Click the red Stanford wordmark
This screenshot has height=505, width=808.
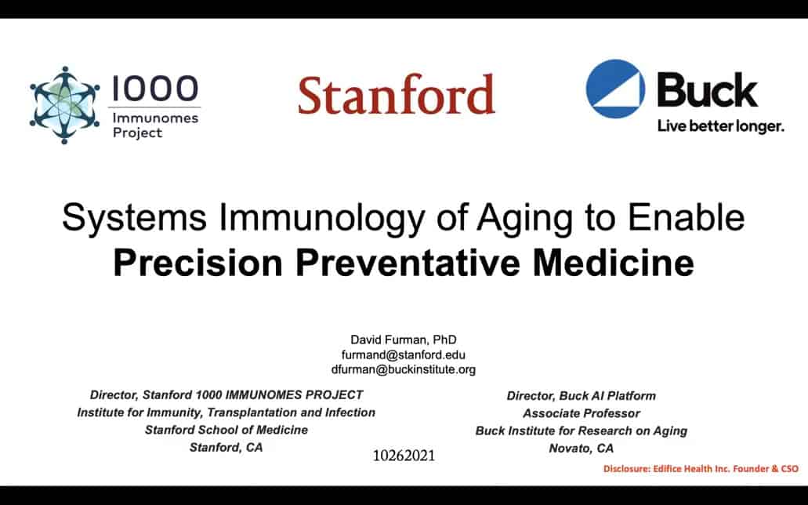point(397,94)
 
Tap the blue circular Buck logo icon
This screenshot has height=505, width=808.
point(615,89)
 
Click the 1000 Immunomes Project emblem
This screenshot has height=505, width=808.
point(64,105)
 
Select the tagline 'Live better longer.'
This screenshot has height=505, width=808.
point(720,126)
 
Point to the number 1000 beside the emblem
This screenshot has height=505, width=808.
point(154,88)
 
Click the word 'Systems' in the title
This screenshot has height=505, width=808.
point(134,218)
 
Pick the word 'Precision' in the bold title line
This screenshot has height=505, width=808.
point(197,263)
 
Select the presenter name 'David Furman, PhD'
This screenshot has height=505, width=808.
point(404,340)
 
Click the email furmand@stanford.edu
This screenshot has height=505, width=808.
point(404,355)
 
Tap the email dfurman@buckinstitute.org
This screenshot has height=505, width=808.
point(404,369)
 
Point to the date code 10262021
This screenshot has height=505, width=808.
point(404,456)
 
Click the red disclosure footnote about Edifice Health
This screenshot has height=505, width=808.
point(701,469)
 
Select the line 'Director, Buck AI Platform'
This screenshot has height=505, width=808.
point(582,396)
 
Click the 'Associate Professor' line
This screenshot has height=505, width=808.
point(582,413)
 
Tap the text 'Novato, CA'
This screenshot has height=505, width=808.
point(582,449)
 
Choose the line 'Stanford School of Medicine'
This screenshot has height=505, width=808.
point(226,430)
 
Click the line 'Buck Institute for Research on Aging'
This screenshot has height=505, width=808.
point(582,431)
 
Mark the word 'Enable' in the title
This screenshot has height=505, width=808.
point(686,216)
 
